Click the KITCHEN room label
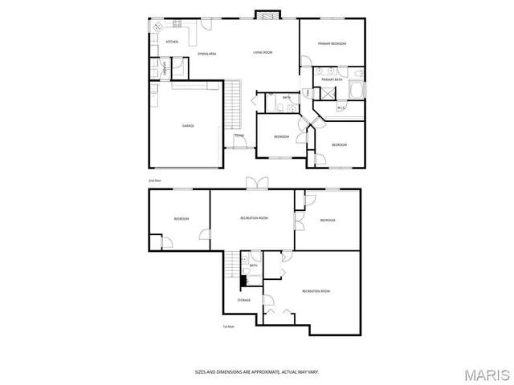pos(171,42)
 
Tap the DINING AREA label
pos(207,54)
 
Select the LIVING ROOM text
pos(263,53)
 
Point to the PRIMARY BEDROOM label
pos(331,44)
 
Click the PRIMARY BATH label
pos(332,79)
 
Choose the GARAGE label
pos(188,126)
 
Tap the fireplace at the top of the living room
pos(267,14)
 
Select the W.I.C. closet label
pos(341,107)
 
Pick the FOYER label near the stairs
pos(239,136)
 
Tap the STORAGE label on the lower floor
pos(243,300)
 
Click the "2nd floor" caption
pos(155,181)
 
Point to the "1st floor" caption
pos(228,326)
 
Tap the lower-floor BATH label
pos(254,265)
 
